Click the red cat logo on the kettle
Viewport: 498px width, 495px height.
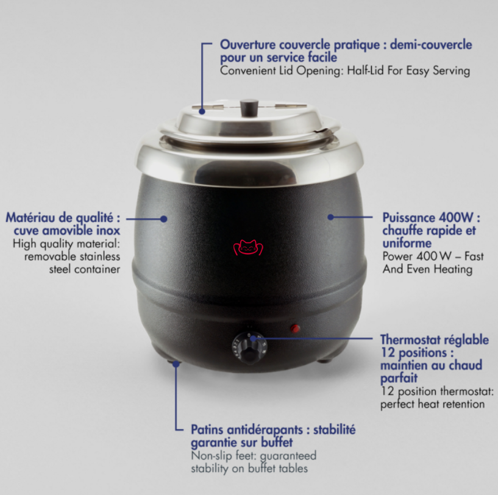[248, 247]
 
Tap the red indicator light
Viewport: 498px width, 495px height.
[296, 328]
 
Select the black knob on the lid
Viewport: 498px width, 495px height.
[249, 107]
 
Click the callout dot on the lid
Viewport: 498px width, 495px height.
[202, 111]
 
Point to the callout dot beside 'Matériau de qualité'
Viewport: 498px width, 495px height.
[164, 219]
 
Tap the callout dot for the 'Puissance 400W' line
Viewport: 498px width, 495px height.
[330, 217]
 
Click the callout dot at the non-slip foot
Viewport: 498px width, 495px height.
[176, 364]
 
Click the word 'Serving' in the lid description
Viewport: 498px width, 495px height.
[451, 71]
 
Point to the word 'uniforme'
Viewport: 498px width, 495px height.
[407, 243]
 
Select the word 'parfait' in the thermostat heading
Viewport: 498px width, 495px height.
[399, 379]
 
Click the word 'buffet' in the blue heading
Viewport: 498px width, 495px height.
[277, 442]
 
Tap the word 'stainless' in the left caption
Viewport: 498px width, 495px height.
[100, 257]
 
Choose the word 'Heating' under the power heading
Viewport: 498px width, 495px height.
[453, 269]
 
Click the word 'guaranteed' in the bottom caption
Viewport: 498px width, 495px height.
[288, 456]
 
